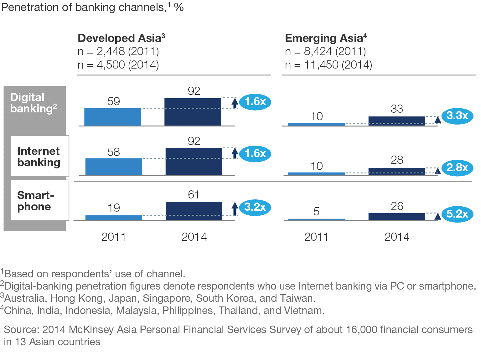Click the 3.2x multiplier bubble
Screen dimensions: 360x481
tap(255, 207)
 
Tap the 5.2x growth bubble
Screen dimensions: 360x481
tap(457, 214)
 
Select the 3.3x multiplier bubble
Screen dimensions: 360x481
tap(457, 116)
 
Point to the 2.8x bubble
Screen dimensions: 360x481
tap(457, 168)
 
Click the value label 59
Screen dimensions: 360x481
tap(113, 101)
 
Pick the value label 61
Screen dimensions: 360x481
tap(194, 195)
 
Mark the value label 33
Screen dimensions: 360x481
tap(397, 109)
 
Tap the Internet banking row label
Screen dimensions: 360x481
tap(39, 157)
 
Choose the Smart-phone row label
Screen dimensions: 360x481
tap(35, 201)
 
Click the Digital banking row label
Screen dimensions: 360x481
tap(33, 103)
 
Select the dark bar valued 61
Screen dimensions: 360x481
tap(194, 211)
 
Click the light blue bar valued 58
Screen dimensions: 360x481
tap(114, 167)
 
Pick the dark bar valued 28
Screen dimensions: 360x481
tap(397, 172)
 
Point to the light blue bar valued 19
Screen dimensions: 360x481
tap(114, 218)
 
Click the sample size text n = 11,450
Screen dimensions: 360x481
tap(328, 65)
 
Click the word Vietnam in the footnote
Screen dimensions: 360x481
tap(303, 311)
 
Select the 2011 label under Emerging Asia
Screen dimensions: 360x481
tap(316, 237)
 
